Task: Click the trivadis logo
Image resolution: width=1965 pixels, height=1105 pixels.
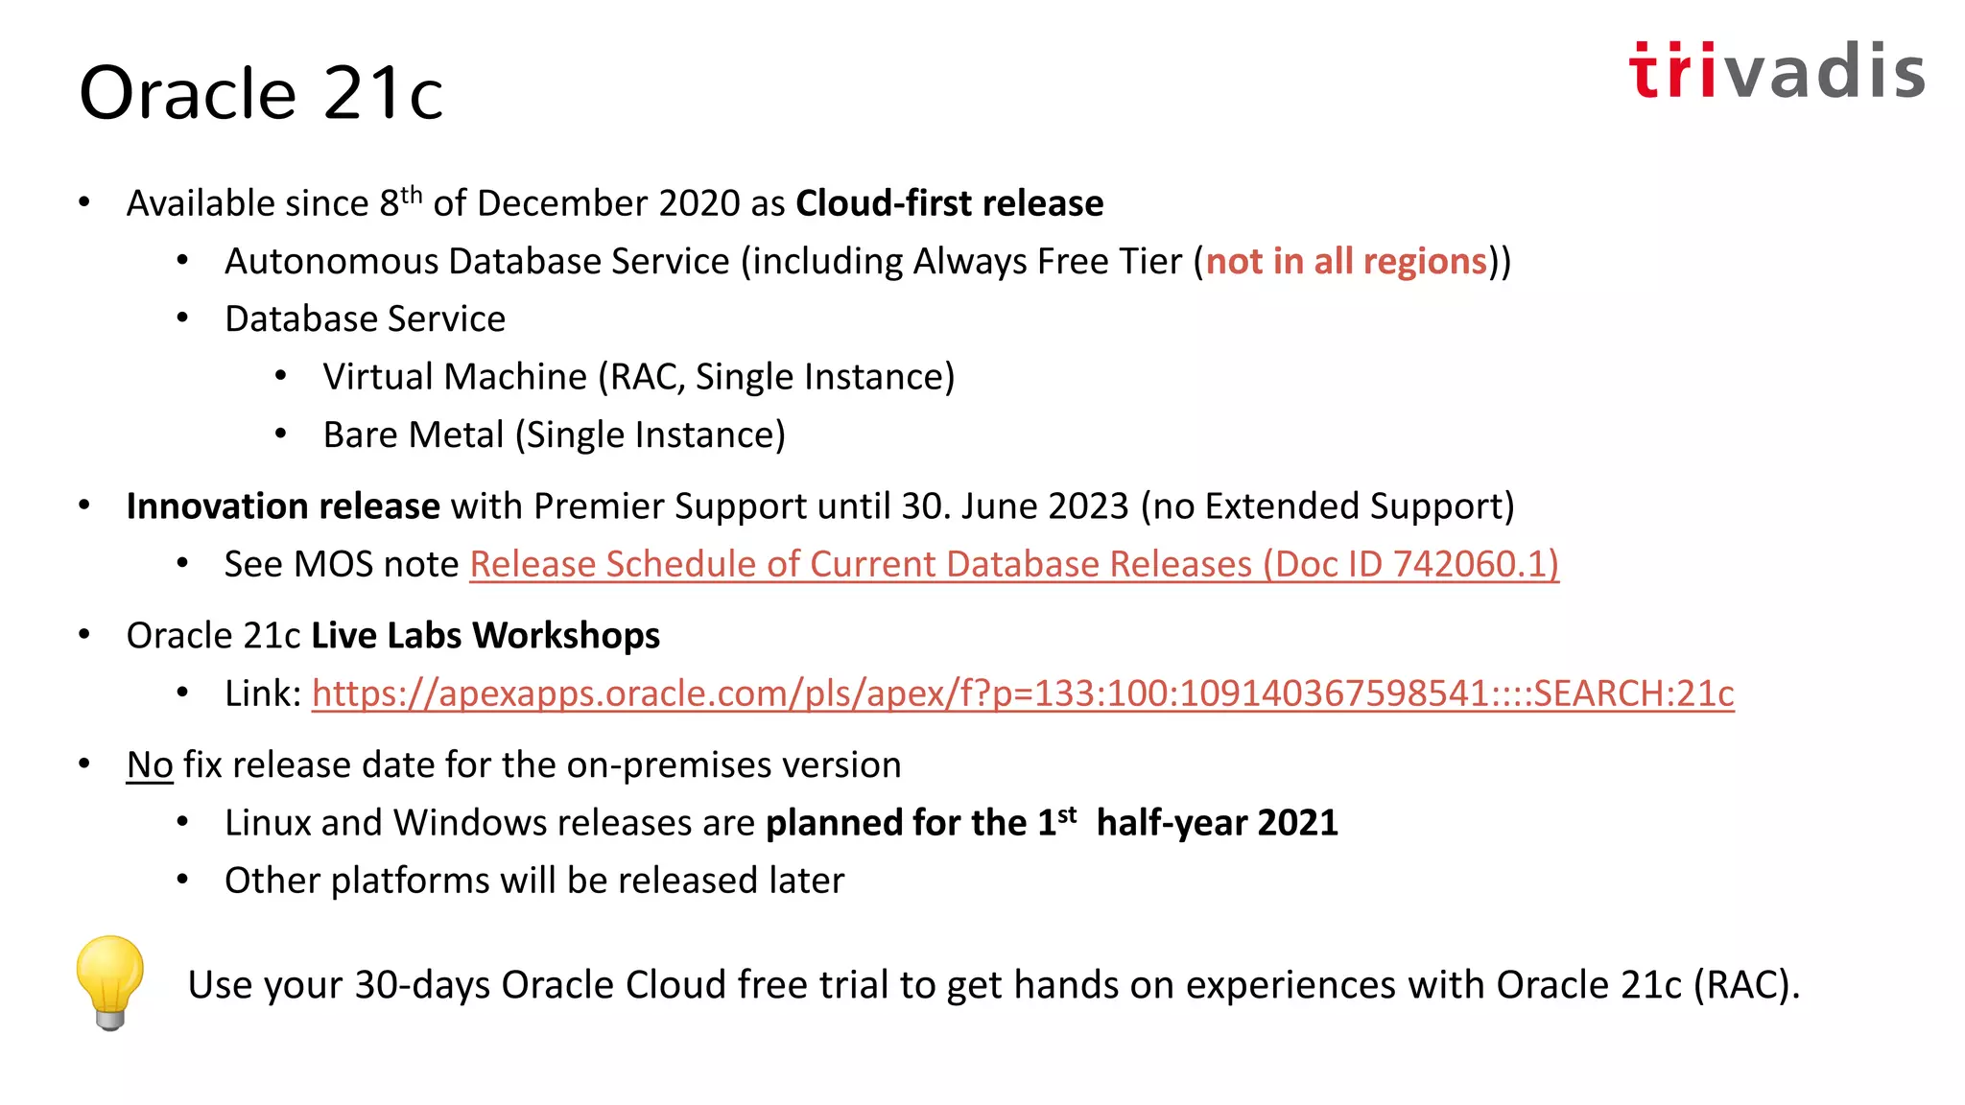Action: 1776,71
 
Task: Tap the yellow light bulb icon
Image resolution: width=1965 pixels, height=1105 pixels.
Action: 110,980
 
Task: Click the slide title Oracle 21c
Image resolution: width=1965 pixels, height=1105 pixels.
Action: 261,93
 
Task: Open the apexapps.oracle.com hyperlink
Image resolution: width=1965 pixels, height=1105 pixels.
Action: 1022,694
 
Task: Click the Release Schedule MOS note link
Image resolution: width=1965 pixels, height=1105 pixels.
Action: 1013,564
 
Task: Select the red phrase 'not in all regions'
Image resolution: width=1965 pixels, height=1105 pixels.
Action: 1345,262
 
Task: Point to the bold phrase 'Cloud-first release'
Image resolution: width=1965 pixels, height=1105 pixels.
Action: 949,203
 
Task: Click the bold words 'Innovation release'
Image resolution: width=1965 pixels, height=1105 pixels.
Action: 283,506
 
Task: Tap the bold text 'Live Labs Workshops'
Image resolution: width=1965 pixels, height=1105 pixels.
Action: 485,636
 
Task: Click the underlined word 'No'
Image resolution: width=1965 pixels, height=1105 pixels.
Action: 150,765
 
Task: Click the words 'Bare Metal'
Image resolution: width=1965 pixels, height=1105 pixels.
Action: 413,435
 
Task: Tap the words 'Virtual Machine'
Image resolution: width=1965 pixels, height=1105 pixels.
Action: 454,377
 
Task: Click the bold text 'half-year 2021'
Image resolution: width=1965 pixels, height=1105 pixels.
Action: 1217,823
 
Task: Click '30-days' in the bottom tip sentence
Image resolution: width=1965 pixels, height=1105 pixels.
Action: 422,985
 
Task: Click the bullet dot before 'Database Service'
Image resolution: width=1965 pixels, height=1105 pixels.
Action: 182,318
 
